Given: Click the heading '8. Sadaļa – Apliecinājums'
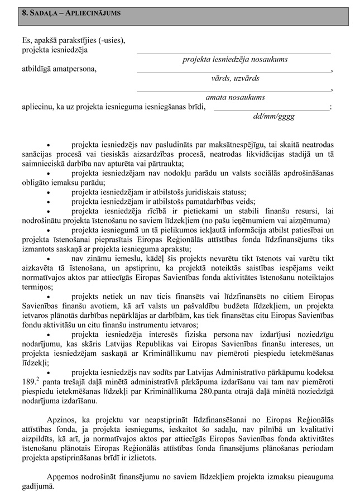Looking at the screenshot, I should [x=70, y=12].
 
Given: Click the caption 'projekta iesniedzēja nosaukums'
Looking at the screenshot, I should [x=234, y=59].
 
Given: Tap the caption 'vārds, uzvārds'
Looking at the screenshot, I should [x=234, y=78].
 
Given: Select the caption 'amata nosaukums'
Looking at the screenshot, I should [x=235, y=97].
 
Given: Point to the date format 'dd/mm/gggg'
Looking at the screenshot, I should [x=273, y=116].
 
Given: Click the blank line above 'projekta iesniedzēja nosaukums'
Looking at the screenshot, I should [x=234, y=51].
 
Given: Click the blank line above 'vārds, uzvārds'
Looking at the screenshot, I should [x=234, y=71].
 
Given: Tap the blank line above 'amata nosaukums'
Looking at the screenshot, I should [x=234, y=90].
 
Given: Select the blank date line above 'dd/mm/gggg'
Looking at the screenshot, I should [x=272, y=108].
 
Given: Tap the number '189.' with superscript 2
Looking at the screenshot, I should [x=28, y=382].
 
